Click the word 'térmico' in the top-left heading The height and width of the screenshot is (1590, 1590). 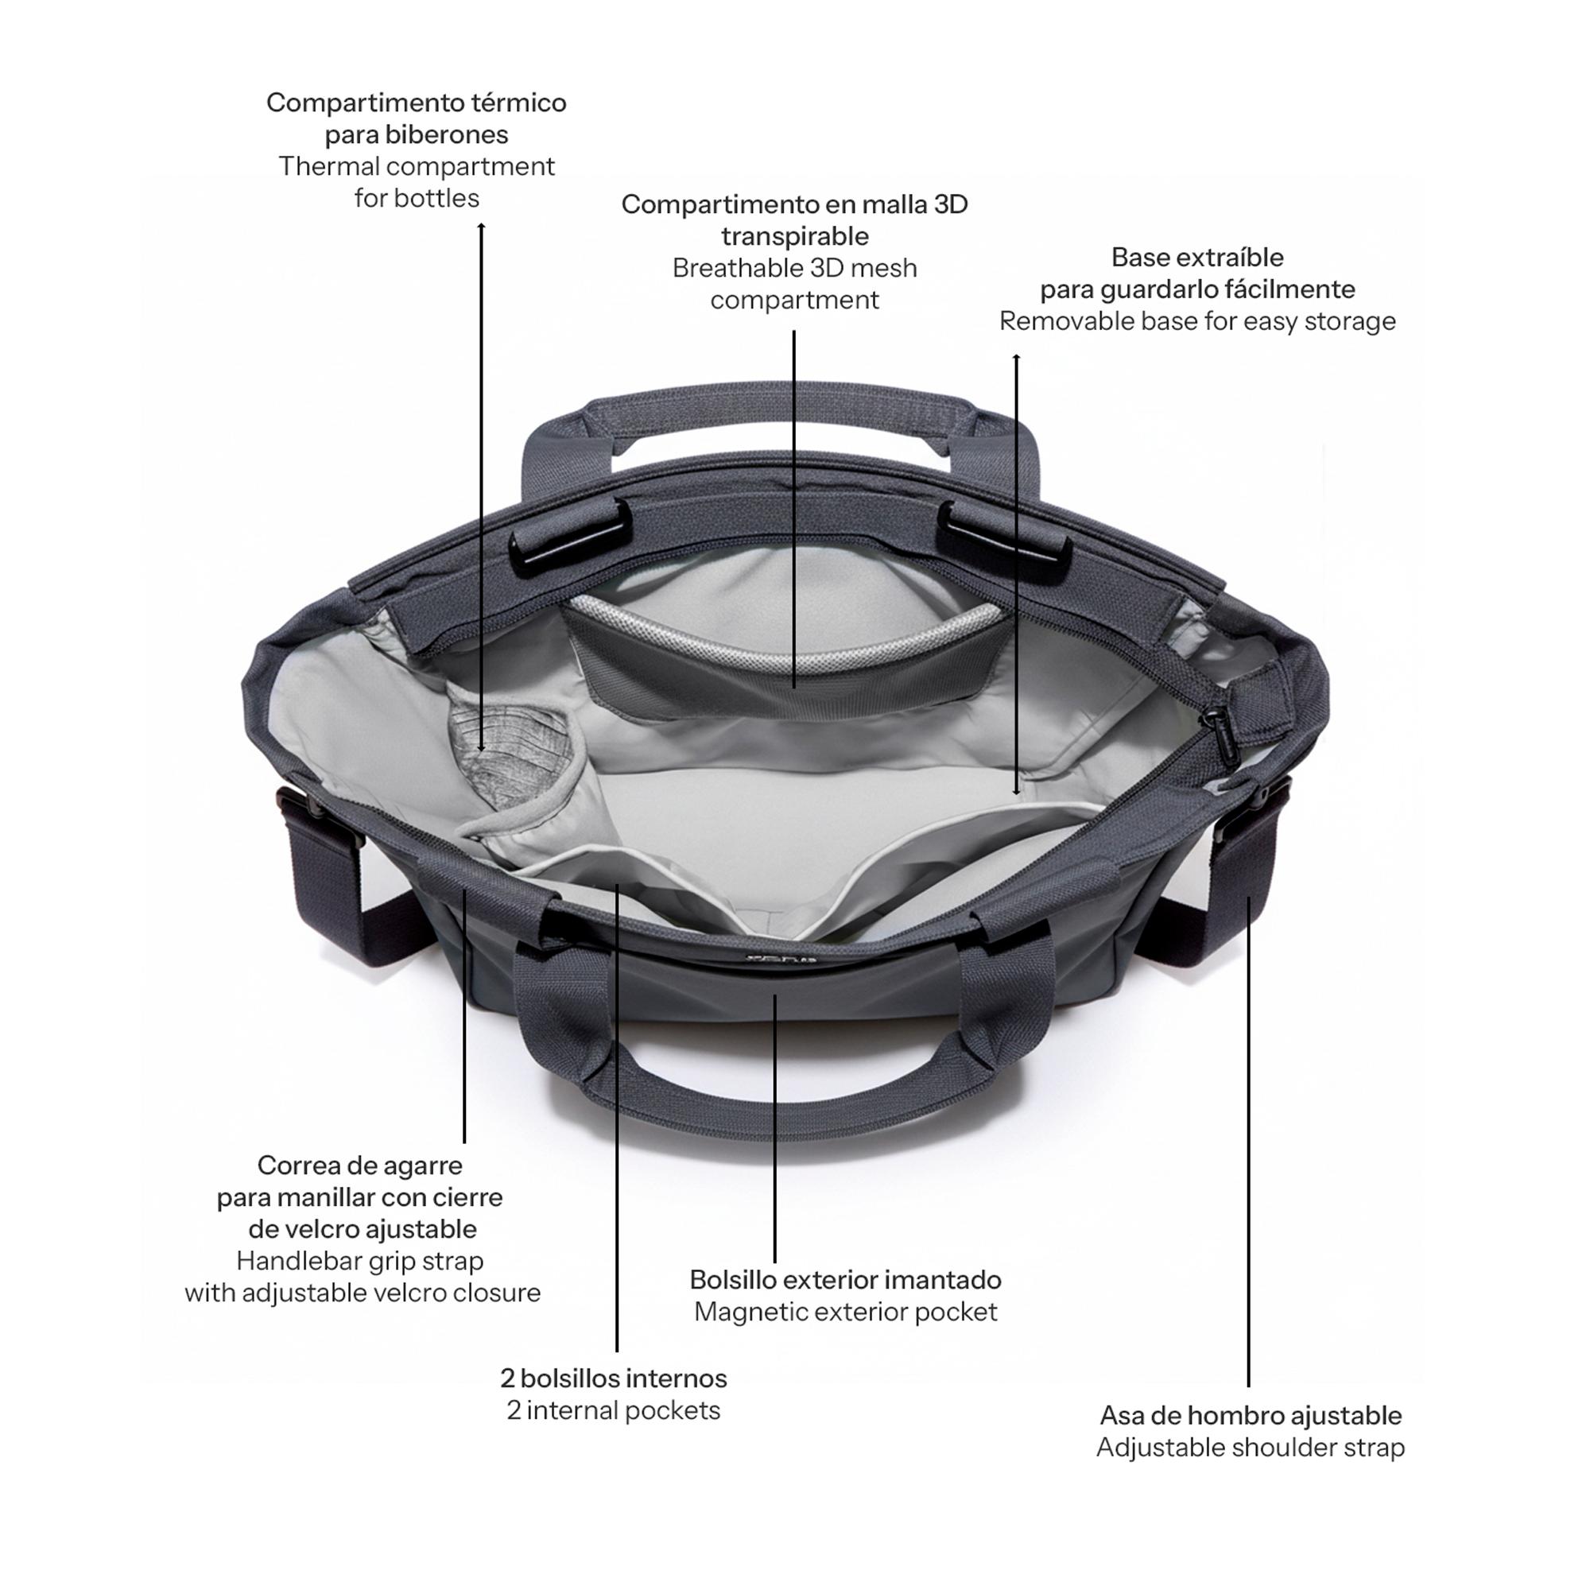(x=518, y=103)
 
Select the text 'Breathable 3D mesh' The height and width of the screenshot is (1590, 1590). (x=794, y=268)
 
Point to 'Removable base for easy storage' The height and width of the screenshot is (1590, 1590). (x=1197, y=321)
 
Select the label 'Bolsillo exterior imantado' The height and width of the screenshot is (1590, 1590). (x=845, y=1280)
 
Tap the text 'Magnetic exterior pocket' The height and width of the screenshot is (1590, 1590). (x=845, y=1312)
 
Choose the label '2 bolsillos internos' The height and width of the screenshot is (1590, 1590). (x=613, y=1378)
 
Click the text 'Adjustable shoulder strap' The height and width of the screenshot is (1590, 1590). (x=1250, y=1448)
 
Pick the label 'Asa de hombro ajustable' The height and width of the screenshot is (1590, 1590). (x=1250, y=1416)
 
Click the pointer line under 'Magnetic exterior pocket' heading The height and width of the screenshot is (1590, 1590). (x=774, y=1128)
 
